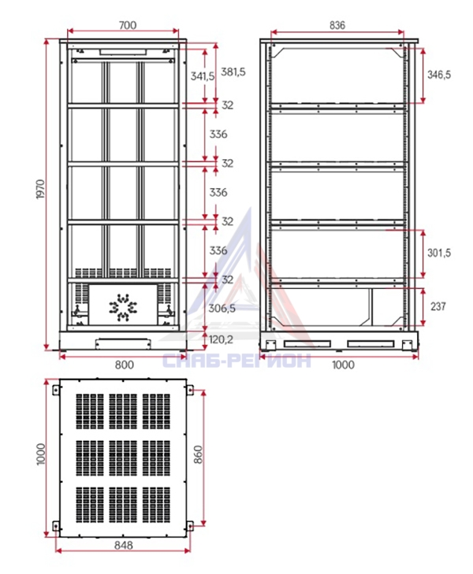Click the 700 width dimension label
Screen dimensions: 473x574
(128, 25)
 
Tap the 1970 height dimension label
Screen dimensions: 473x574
(40, 189)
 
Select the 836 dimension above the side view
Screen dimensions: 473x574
(337, 25)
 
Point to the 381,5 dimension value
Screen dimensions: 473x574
(233, 72)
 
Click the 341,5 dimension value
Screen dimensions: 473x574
(203, 76)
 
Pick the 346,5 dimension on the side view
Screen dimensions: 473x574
(439, 75)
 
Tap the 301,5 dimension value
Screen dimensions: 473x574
(439, 253)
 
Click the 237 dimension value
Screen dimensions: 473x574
(438, 306)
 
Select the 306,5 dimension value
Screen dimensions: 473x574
(222, 309)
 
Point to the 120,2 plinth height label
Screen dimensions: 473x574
(221, 339)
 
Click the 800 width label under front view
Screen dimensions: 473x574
(125, 365)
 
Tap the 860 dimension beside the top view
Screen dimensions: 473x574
(198, 454)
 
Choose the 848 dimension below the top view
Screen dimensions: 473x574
(124, 545)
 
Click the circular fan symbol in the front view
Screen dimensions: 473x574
(123, 307)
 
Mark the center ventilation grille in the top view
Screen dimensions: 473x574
(123, 458)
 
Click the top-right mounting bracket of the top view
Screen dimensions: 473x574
(190, 390)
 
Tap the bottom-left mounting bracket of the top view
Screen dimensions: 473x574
(56, 526)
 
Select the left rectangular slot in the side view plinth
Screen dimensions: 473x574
(307, 344)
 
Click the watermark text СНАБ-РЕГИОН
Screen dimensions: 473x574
(236, 361)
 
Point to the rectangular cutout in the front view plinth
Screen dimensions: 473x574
(123, 344)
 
